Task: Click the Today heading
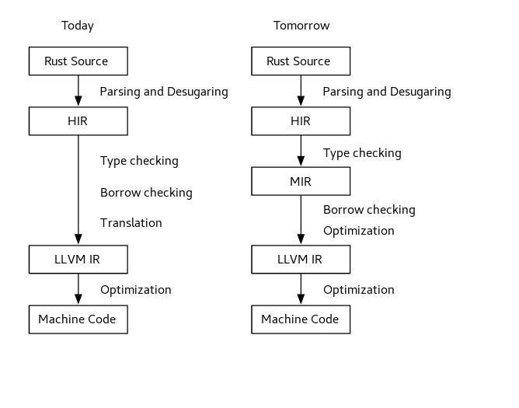(x=78, y=26)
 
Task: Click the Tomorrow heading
(x=301, y=26)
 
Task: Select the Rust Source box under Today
(x=78, y=61)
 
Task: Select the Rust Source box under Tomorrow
(x=301, y=61)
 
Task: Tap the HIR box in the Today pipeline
(x=78, y=121)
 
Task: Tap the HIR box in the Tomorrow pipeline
(x=301, y=121)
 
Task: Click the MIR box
(x=301, y=181)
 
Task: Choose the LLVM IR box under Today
(x=78, y=260)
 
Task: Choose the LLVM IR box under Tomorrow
(x=301, y=260)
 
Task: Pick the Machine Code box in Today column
(x=78, y=319)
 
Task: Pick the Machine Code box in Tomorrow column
(x=301, y=319)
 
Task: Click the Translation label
(x=131, y=223)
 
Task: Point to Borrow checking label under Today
(x=146, y=193)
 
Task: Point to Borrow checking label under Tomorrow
(x=369, y=210)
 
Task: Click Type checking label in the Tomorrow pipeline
(x=362, y=153)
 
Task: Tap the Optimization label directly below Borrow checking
(x=359, y=231)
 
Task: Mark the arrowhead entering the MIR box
(x=301, y=162)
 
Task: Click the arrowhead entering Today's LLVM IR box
(x=78, y=239)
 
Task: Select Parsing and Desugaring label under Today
(x=164, y=92)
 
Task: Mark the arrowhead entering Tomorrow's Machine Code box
(x=301, y=299)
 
